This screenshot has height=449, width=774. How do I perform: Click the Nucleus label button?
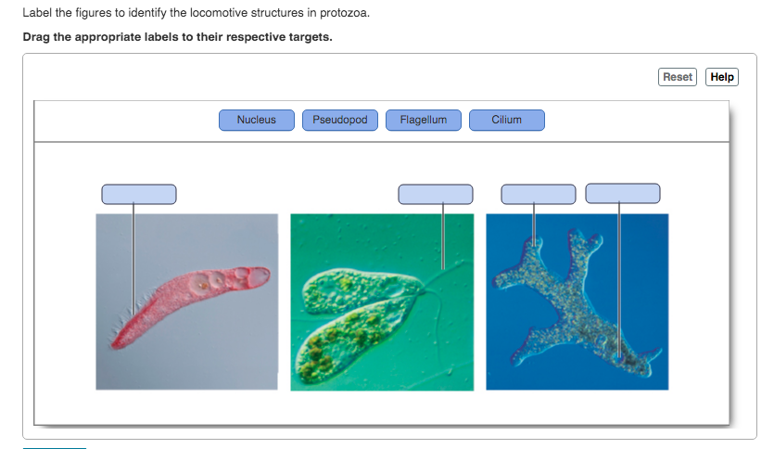click(x=257, y=120)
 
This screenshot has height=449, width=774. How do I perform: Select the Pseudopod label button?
click(x=340, y=120)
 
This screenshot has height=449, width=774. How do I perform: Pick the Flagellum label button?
click(x=424, y=120)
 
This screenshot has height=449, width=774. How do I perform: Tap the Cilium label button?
click(x=507, y=120)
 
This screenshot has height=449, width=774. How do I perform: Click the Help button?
click(x=722, y=77)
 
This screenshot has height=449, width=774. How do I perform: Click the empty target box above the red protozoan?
click(x=139, y=194)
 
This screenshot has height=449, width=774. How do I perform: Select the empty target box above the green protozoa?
click(x=436, y=194)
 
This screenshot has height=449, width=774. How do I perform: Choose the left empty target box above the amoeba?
click(x=538, y=194)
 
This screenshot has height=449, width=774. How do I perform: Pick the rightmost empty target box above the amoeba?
click(x=623, y=193)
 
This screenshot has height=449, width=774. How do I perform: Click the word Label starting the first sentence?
click(x=37, y=13)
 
